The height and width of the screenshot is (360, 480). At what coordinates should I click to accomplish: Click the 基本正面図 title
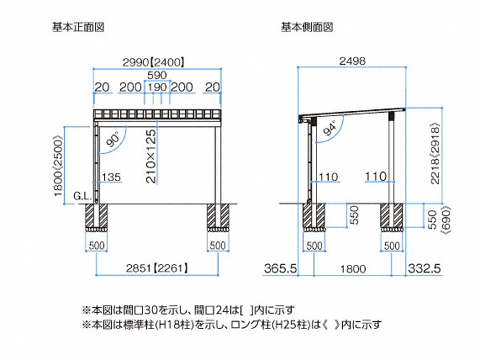78,27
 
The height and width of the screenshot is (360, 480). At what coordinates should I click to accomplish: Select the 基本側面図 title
307,27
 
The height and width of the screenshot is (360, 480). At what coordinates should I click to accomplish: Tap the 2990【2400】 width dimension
154,62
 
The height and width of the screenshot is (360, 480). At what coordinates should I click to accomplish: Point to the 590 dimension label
157,75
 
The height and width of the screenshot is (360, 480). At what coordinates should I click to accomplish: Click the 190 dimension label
157,87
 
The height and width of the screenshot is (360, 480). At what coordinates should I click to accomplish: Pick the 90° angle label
113,140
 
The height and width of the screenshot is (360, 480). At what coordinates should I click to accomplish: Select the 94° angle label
330,128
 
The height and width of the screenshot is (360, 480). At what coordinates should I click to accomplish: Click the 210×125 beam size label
151,156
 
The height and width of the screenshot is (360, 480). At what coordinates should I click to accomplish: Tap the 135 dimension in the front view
111,177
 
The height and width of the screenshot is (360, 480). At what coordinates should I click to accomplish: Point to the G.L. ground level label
82,196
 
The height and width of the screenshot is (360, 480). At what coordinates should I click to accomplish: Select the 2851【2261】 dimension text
157,268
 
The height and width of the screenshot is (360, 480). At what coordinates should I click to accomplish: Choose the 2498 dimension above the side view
352,61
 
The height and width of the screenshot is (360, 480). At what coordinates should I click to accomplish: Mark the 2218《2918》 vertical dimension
435,153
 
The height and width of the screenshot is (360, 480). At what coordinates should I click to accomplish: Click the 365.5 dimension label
281,268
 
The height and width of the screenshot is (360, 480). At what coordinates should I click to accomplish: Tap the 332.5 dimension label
425,268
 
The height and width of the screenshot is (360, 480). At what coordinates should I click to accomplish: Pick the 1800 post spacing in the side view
353,269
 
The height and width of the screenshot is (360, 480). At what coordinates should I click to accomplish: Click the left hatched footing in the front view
96,217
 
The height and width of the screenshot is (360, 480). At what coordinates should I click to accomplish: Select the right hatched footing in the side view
392,217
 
